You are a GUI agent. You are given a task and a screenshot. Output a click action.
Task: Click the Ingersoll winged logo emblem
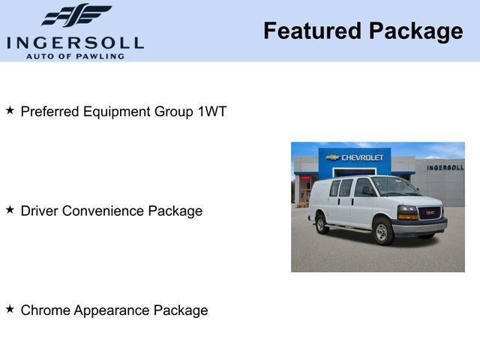point(76,15)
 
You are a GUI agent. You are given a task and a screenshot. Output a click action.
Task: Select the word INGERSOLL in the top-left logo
point(75,42)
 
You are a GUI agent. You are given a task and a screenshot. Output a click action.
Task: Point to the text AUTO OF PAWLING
point(75,55)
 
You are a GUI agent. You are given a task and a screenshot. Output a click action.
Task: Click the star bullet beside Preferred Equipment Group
point(10,110)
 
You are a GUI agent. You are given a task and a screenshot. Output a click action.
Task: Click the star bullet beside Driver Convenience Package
point(10,209)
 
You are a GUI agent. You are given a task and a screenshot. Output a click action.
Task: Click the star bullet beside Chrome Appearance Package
point(10,308)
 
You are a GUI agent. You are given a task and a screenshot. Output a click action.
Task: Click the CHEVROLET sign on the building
point(362,157)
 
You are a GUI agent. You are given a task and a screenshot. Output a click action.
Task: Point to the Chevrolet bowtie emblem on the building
point(332,157)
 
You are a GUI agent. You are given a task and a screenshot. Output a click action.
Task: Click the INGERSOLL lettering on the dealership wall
point(445,167)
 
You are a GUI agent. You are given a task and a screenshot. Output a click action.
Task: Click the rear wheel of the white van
point(322,223)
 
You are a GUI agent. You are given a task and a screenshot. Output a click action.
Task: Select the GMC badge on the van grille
point(429,211)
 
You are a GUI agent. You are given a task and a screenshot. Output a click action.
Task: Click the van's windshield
point(395,186)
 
